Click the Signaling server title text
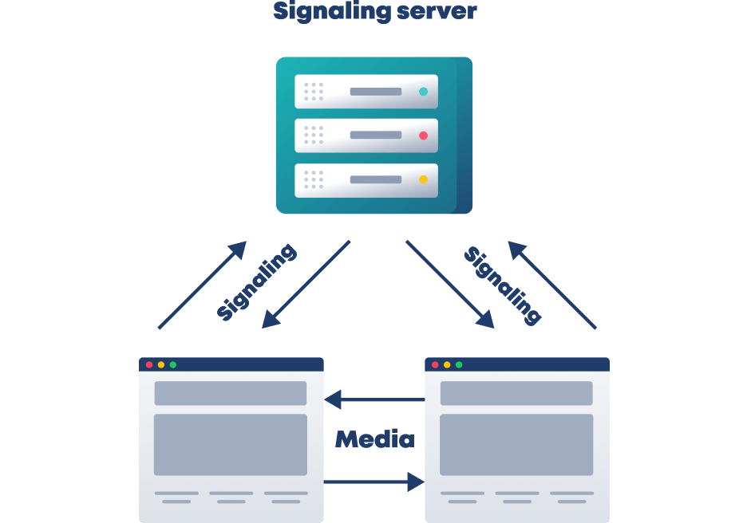(374, 11)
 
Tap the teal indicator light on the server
(423, 92)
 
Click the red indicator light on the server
(423, 136)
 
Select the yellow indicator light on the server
(423, 179)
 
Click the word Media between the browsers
(374, 439)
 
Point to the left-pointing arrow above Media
(374, 399)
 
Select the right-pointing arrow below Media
(374, 482)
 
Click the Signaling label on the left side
(256, 282)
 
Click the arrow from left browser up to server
(202, 285)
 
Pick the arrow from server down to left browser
(306, 284)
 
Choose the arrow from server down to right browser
(449, 284)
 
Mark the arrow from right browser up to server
(552, 285)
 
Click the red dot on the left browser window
(149, 364)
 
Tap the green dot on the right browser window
(459, 364)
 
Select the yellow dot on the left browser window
(161, 364)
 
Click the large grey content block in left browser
(230, 444)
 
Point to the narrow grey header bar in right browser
(516, 393)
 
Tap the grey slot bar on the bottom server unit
(375, 179)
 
